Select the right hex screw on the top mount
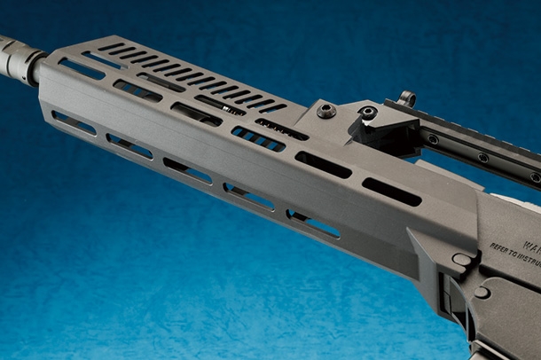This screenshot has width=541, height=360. (367, 113)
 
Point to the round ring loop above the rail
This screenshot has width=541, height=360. (407, 98)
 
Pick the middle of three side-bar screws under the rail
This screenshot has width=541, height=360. (482, 158)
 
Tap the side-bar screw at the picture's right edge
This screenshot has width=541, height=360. (535, 177)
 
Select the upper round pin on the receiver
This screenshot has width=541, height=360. (461, 259)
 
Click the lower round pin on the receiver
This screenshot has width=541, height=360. (482, 291)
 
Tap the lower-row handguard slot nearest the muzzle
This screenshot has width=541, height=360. (74, 123)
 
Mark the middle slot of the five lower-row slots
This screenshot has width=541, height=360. (188, 171)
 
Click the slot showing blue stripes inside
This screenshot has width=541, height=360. (258, 139)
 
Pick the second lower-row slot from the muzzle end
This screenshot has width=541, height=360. (129, 147)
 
